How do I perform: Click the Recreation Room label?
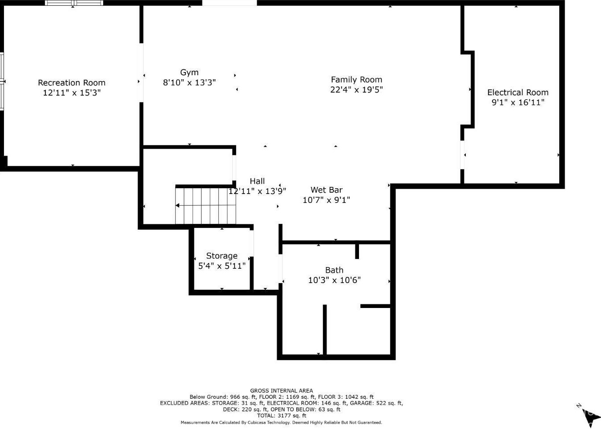pyautogui.click(x=72, y=83)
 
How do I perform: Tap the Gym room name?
pyautogui.click(x=190, y=73)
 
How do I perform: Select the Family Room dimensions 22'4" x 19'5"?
pyautogui.click(x=356, y=89)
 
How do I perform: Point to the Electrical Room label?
pyautogui.click(x=518, y=93)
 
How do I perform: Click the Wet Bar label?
pyautogui.click(x=326, y=190)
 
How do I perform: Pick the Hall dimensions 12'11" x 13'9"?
pyautogui.click(x=257, y=191)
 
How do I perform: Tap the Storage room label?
pyautogui.click(x=222, y=256)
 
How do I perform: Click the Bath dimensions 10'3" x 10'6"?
pyautogui.click(x=334, y=280)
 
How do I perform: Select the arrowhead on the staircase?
pyautogui.click(x=177, y=205)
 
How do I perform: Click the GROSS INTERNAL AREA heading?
pyautogui.click(x=282, y=391)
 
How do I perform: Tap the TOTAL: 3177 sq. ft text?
pyautogui.click(x=282, y=416)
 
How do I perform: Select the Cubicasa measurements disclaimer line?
pyautogui.click(x=281, y=423)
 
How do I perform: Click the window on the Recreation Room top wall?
pyautogui.click(x=74, y=3)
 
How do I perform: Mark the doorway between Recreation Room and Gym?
pyautogui.click(x=141, y=73)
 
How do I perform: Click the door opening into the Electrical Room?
pyautogui.click(x=462, y=155)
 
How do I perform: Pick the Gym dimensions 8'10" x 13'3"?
pyautogui.click(x=190, y=82)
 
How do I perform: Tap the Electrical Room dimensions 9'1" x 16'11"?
pyautogui.click(x=518, y=102)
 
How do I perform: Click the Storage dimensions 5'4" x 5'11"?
pyautogui.click(x=222, y=266)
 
